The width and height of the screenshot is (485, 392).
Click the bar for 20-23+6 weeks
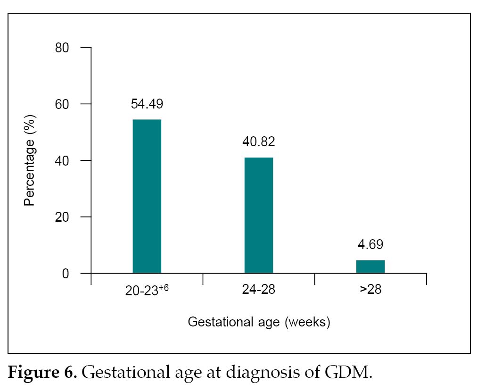pyautogui.click(x=147, y=196)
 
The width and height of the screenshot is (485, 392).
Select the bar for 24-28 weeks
pyautogui.click(x=259, y=215)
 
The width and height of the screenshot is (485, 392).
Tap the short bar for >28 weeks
pyautogui.click(x=370, y=266)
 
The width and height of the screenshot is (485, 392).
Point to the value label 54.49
pyautogui.click(x=147, y=104)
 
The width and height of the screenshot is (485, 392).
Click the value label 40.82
pyautogui.click(x=259, y=142)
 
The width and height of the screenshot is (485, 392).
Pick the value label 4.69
pyautogui.click(x=370, y=245)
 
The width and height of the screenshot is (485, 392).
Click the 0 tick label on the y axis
pyautogui.click(x=66, y=274)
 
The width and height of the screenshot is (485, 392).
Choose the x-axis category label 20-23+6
pyautogui.click(x=144, y=290)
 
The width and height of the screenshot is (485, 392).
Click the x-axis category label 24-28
pyautogui.click(x=259, y=289)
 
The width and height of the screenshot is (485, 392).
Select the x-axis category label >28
pyautogui.click(x=370, y=289)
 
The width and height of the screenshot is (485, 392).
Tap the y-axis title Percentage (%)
pyautogui.click(x=30, y=161)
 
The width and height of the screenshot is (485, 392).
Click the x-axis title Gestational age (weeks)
pyautogui.click(x=259, y=323)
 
